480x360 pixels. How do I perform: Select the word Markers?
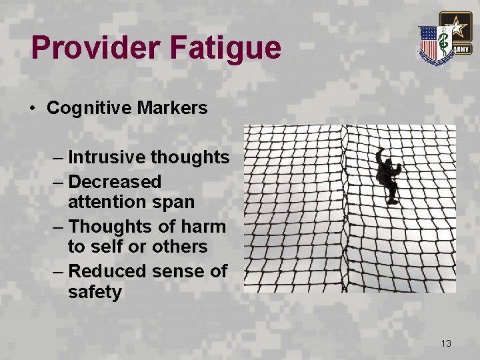(175, 107)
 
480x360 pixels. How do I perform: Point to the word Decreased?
(115, 181)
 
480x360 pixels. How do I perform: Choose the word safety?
(95, 292)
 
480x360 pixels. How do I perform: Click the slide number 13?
(446, 343)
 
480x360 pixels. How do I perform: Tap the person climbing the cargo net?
(387, 175)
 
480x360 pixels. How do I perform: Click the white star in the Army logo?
(456, 28)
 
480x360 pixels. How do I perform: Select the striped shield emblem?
(430, 43)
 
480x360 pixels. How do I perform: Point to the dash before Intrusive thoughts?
(59, 158)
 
